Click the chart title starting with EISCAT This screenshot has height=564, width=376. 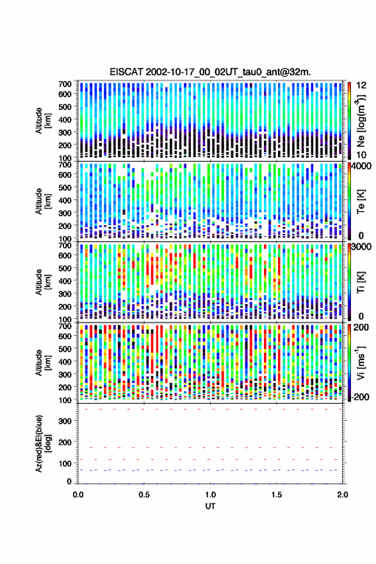click(211, 72)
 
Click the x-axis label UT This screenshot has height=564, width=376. click(210, 506)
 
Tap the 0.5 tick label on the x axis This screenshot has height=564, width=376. click(144, 495)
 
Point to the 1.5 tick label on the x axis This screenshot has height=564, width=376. click(276, 495)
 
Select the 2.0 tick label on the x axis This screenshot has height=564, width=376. click(343, 495)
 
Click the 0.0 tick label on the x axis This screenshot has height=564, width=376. click(78, 495)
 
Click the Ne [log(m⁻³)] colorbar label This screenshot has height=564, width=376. click(361, 121)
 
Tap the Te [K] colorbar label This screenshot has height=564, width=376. click(361, 201)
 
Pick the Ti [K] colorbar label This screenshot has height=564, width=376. click(361, 282)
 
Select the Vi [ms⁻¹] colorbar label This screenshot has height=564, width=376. click(361, 363)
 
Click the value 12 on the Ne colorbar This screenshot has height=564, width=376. click(361, 85)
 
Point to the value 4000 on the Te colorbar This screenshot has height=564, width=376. click(362, 166)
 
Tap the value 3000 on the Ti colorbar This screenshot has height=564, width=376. click(362, 246)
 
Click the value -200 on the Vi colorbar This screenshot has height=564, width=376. click(360, 397)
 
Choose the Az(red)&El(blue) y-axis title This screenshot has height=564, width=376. click(43, 444)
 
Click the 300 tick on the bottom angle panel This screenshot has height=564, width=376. click(65, 421)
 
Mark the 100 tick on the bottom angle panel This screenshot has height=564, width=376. click(65, 463)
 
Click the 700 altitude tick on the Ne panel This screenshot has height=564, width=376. click(65, 84)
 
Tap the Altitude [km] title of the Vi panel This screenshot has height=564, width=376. click(43, 363)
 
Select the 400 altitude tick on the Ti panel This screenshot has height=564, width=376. click(65, 281)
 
